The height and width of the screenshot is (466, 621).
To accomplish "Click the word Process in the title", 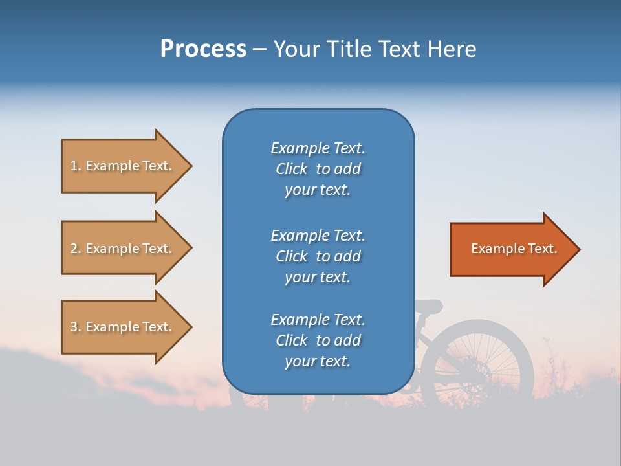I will click(203, 49).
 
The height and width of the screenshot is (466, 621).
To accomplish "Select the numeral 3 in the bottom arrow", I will click(74, 327).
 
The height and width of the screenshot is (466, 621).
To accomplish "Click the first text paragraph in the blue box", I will click(318, 169).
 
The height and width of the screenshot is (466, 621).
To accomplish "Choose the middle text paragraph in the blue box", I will click(318, 256).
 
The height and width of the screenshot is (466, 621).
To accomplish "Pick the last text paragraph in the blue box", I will click(318, 340).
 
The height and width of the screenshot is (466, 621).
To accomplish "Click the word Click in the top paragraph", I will click(291, 169).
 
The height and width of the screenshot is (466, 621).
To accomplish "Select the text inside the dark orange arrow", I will click(514, 249).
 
